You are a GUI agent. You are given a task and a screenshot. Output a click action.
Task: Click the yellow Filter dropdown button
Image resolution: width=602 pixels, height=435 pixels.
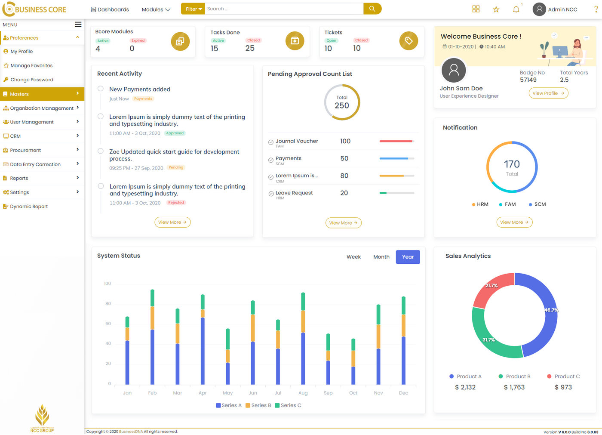pyautogui.click(x=193, y=9)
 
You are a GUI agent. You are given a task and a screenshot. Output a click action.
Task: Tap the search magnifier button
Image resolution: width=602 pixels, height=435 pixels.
pyautogui.click(x=372, y=9)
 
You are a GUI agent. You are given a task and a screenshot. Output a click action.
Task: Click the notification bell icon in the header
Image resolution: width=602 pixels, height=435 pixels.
pyautogui.click(x=516, y=9)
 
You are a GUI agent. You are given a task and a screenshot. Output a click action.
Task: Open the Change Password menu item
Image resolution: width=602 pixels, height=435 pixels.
pyautogui.click(x=32, y=80)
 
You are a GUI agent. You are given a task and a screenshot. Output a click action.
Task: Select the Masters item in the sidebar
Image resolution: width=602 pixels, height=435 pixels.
pyautogui.click(x=19, y=94)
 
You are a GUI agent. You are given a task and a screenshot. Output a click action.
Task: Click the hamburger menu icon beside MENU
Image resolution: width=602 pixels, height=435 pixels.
pyautogui.click(x=78, y=25)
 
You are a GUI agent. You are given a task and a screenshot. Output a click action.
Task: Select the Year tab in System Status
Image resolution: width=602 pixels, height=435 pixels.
pyautogui.click(x=408, y=257)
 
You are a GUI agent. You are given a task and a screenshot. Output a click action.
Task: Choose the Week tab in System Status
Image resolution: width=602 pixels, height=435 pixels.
pyautogui.click(x=353, y=257)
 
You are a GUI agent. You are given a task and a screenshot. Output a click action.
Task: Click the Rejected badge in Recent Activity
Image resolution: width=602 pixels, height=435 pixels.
pyautogui.click(x=176, y=203)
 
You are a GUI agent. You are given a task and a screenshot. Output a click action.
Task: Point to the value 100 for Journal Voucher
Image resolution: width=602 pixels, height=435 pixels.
pyautogui.click(x=345, y=141)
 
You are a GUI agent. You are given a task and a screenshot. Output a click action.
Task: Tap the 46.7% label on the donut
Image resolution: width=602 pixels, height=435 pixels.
pyautogui.click(x=551, y=310)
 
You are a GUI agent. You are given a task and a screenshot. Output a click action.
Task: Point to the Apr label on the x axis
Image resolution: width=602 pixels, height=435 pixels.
pyautogui.click(x=203, y=393)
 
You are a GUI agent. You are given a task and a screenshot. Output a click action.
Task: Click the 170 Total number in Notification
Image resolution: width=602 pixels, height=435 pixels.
pyautogui.click(x=512, y=164)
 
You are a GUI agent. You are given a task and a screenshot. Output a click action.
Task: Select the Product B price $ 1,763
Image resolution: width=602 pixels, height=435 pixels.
pyautogui.click(x=514, y=387)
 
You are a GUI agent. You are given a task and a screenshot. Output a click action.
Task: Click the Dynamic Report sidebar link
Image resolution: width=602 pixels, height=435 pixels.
pyautogui.click(x=29, y=207)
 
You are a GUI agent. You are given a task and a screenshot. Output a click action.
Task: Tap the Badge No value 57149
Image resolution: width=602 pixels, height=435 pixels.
pyautogui.click(x=528, y=80)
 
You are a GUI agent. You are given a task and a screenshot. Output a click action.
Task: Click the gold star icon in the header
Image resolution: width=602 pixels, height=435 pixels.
pyautogui.click(x=496, y=9)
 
